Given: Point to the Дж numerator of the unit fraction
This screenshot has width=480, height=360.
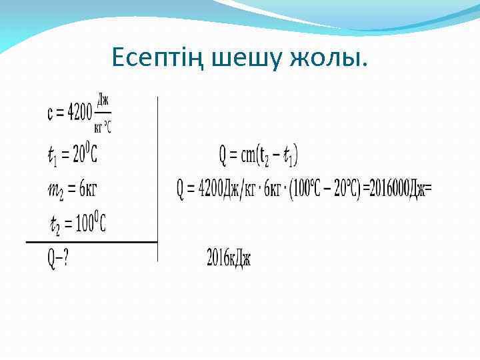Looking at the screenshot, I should coord(103,101).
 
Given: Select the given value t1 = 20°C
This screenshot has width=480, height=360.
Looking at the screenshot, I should coord(72,155).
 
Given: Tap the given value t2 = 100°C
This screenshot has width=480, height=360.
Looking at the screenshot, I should coord(77,224).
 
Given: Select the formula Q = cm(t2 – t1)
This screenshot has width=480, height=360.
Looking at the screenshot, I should coord(259,156).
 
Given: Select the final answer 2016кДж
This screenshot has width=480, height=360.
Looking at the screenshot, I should coord(229,257).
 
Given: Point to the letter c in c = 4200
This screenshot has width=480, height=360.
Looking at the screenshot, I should coord(51,114).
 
